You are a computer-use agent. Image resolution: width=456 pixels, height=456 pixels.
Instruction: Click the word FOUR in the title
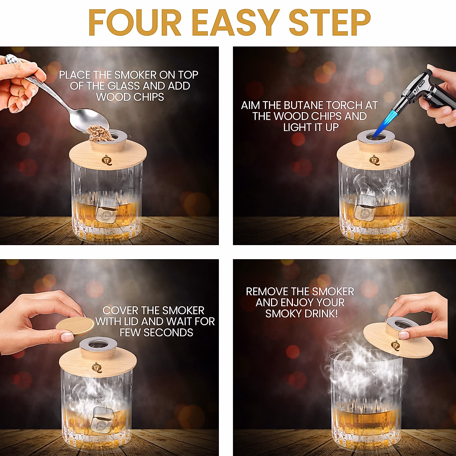pyautogui.click(x=135, y=23)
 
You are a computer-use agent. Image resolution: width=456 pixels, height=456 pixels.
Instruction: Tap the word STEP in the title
pyautogui.click(x=329, y=23)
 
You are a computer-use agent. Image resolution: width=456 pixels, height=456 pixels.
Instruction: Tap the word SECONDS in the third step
pyautogui.click(x=168, y=332)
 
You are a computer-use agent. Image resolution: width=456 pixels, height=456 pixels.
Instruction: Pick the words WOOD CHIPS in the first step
pyautogui.click(x=130, y=97)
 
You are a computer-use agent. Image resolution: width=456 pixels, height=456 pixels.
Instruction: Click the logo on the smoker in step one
pyautogui.click(x=106, y=160)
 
